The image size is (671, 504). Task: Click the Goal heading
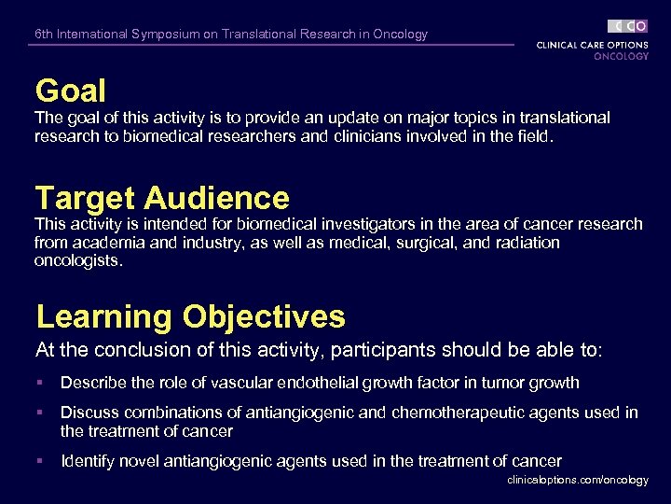[71, 91]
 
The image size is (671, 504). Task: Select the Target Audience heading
[162, 198]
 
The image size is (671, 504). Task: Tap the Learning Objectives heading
[190, 316]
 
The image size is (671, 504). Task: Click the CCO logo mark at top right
[627, 26]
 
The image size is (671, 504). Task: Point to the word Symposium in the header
[171, 35]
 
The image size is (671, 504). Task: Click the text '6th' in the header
[44, 35]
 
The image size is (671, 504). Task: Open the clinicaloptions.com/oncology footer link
[578, 480]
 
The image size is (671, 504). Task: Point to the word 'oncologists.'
[78, 260]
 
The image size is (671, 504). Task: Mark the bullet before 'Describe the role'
[40, 383]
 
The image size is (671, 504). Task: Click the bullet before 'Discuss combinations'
[40, 413]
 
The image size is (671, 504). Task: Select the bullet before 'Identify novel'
[40, 461]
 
